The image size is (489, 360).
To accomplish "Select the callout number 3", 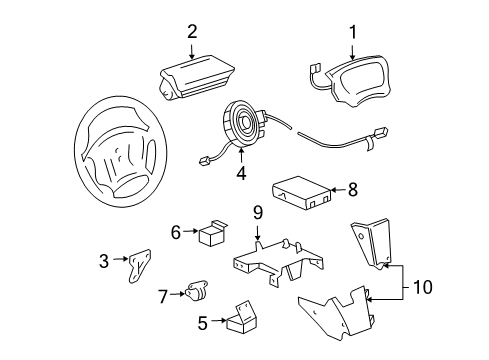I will click(x=104, y=260).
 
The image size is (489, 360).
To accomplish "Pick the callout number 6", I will click(x=176, y=232).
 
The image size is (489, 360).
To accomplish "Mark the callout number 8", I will click(x=351, y=187).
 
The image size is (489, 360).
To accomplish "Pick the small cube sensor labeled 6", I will click(x=211, y=236).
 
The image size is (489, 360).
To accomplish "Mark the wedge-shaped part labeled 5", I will click(x=239, y=320).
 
